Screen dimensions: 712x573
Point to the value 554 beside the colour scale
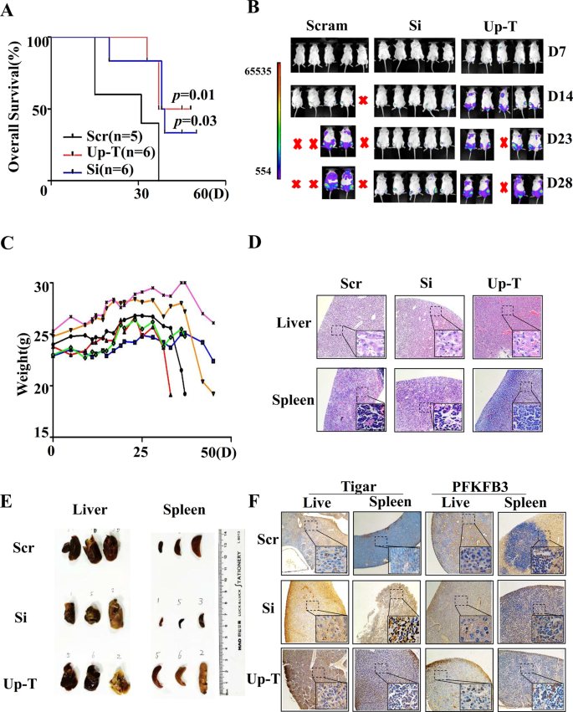click(x=267, y=168)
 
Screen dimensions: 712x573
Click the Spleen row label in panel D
click(x=291, y=401)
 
